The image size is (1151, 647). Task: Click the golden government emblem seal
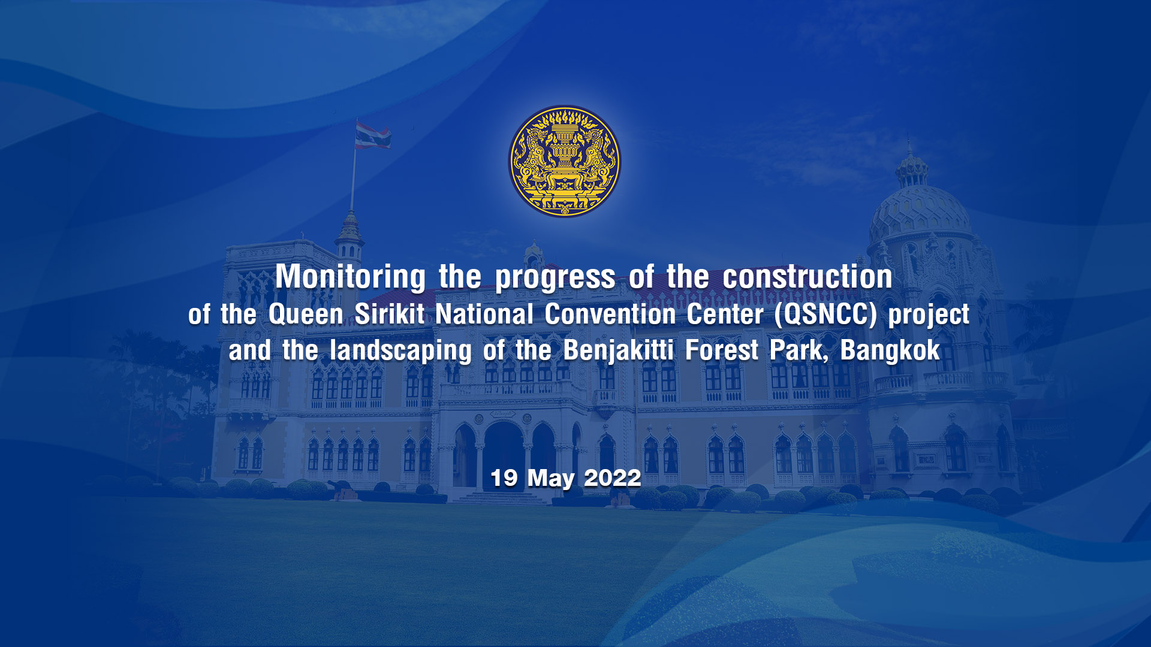[565, 162]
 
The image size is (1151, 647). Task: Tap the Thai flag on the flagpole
[372, 135]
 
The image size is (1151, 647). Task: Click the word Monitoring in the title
[351, 277]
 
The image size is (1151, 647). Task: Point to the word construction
[807, 277]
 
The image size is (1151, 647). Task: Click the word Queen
[306, 315]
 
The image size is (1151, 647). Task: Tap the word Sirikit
[390, 314]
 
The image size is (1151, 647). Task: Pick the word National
[484, 314]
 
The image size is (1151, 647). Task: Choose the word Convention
[610, 314]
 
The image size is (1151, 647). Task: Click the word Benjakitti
[619, 351]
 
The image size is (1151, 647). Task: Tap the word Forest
[722, 350]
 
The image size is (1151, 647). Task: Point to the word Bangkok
[890, 350]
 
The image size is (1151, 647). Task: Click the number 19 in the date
[504, 479]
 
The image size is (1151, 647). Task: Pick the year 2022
[613, 479]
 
